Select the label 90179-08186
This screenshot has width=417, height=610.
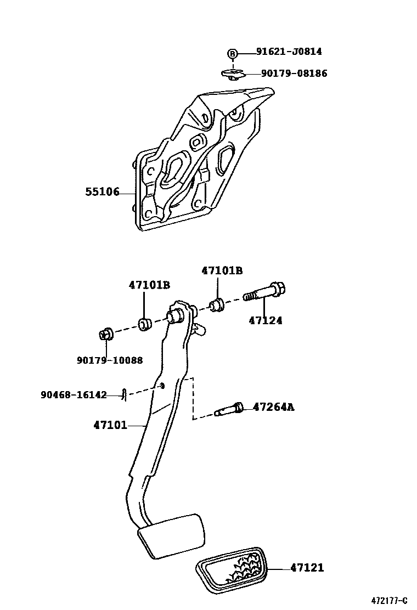294,73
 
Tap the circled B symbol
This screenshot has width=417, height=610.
233,53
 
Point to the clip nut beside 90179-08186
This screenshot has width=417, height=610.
233,74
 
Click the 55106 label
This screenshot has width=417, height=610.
102,192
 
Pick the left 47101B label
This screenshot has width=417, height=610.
149,285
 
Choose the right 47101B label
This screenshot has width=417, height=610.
222,270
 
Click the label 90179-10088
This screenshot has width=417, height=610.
110,360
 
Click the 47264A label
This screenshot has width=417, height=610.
273,407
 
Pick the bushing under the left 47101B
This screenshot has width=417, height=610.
145,324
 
